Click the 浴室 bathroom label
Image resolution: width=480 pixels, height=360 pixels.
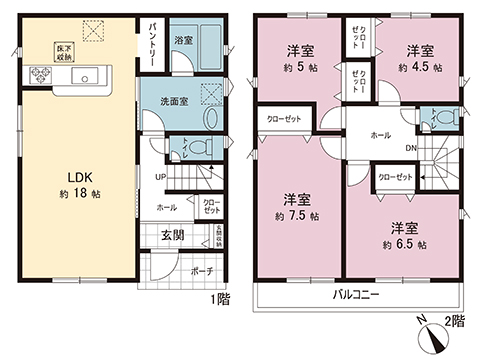click(x=182, y=42)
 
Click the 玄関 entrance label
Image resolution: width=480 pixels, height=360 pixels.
click(x=173, y=236)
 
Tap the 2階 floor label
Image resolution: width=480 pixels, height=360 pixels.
click(x=456, y=322)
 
